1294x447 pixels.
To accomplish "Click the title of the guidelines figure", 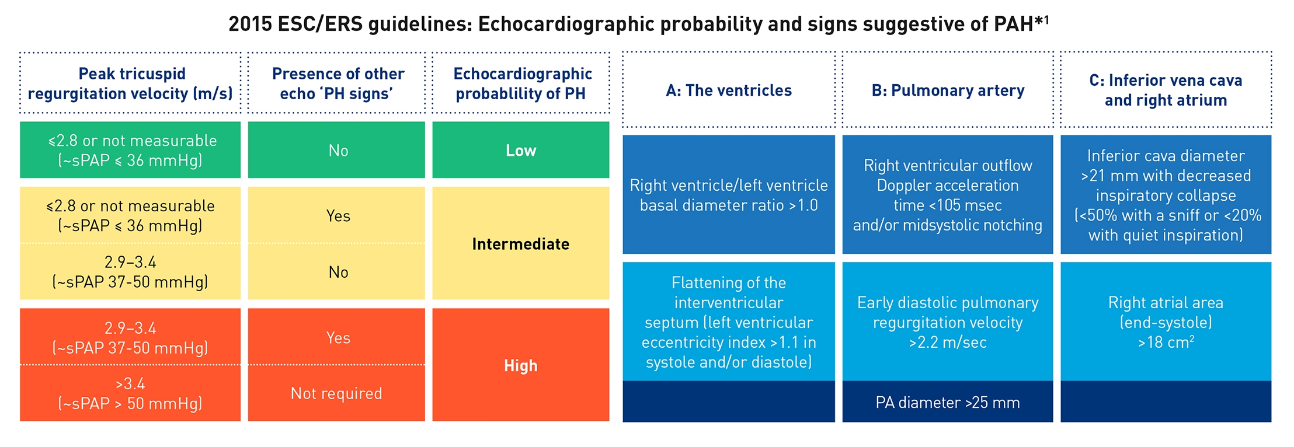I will [638, 24].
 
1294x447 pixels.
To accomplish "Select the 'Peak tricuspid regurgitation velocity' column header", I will [130, 83].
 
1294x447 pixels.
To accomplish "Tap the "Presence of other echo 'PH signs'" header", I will [338, 83].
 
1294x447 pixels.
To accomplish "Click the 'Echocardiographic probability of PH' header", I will [521, 83].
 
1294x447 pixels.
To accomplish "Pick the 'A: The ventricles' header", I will [729, 90].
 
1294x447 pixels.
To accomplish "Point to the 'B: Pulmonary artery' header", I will [948, 90].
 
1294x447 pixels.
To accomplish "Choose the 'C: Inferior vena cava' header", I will [1166, 90].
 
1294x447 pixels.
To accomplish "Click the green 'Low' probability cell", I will [520, 151].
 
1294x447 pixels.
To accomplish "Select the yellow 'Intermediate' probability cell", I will [520, 244].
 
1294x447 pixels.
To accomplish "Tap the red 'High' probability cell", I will [520, 366].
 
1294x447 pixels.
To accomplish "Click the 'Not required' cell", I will [336, 393].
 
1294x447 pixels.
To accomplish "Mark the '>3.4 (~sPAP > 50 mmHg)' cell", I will [130, 393].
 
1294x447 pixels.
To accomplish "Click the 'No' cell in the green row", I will [338, 151].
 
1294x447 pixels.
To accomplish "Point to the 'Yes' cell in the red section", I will [338, 337].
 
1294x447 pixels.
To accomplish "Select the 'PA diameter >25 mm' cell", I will [948, 402].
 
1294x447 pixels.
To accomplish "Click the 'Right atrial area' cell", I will [1166, 322].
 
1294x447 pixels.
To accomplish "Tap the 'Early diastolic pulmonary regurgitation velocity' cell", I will [948, 322].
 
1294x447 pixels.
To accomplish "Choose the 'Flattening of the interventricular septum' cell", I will [729, 322].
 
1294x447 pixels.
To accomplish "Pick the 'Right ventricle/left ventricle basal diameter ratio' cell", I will [729, 195].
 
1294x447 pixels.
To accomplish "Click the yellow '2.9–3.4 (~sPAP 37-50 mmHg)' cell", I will [130, 272].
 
